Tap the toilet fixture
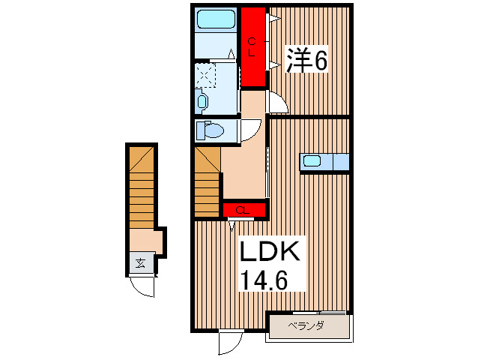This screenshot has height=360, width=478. (x=213, y=131)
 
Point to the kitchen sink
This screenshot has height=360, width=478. (x=312, y=160)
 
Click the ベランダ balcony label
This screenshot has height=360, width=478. (x=308, y=325)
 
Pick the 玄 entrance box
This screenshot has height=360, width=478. (x=141, y=263)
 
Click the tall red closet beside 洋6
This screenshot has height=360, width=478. (x=253, y=46)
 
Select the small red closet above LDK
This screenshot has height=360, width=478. (x=244, y=209)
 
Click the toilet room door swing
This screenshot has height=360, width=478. (x=251, y=128)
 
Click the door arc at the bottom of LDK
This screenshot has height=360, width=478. (x=229, y=342)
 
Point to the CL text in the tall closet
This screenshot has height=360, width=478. (x=252, y=46)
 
